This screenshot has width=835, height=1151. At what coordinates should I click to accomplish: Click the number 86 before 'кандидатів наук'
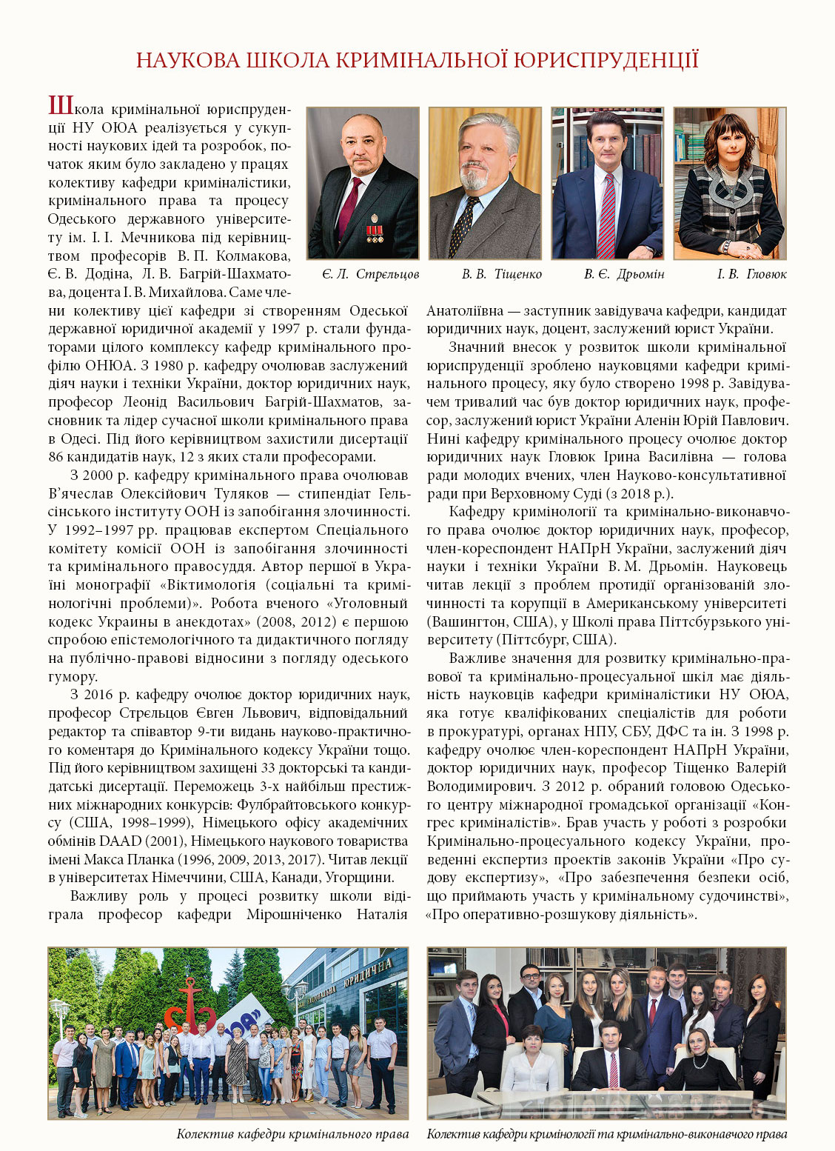[x=56, y=456]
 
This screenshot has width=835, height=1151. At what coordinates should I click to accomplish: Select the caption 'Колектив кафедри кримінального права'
[x=292, y=1134]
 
